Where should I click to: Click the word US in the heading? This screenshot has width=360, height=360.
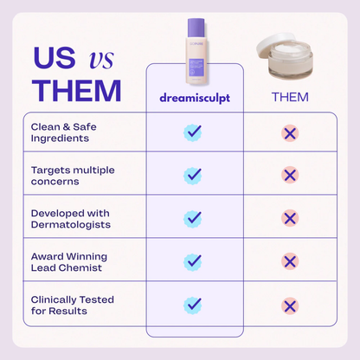[x=54, y=58]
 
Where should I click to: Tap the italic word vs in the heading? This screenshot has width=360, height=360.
[x=102, y=59]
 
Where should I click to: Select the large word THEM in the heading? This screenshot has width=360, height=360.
[x=76, y=90]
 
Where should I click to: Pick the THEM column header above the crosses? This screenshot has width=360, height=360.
[x=290, y=97]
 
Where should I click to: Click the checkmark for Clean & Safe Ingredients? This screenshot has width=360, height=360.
[x=193, y=132]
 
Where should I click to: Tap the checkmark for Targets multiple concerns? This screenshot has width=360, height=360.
[x=193, y=175]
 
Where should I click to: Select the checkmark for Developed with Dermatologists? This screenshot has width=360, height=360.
[x=193, y=218]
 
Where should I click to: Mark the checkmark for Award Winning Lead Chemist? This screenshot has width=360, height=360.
[x=193, y=260]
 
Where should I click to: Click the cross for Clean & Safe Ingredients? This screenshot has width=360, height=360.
[x=290, y=132]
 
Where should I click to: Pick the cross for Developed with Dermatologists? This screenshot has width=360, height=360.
[x=290, y=218]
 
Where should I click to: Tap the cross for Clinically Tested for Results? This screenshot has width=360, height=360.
[x=290, y=304]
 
